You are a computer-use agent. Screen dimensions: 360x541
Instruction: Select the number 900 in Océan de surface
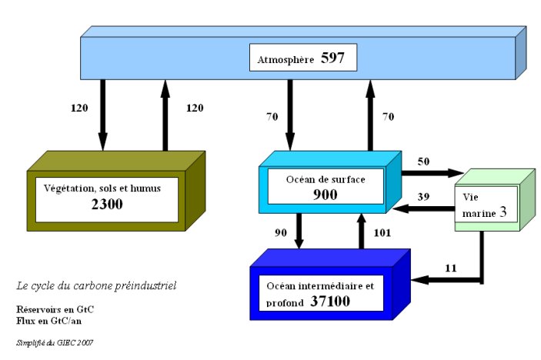coord(326,195)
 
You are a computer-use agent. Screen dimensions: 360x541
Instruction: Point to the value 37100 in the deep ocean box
coord(331,301)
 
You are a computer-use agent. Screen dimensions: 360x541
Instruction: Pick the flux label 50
coord(423,162)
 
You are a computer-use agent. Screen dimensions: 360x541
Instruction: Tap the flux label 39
coord(423,197)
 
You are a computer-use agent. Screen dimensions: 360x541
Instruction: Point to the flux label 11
coord(452,268)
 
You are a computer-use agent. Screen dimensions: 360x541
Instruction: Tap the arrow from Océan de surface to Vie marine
coord(431,173)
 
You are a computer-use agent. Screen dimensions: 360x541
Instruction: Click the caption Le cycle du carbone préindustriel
coord(97,285)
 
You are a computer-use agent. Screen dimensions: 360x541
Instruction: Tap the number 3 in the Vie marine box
coord(502,212)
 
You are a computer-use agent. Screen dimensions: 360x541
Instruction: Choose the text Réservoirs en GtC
coord(55,309)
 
